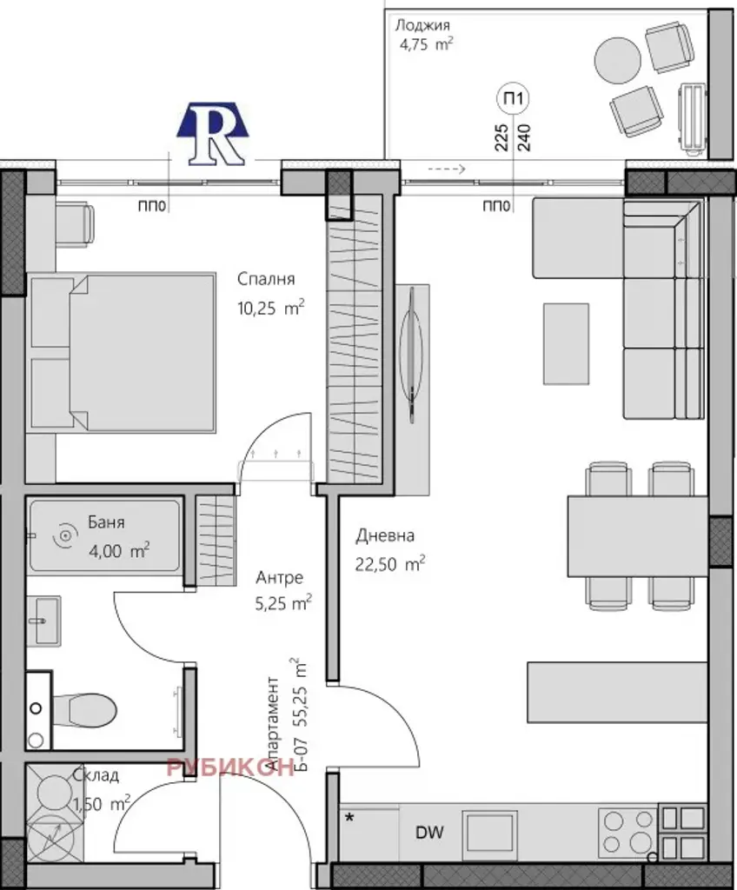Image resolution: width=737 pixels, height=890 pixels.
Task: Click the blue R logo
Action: (212, 134)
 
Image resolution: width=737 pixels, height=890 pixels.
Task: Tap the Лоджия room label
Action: (423, 25)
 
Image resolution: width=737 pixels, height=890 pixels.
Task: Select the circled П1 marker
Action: (514, 98)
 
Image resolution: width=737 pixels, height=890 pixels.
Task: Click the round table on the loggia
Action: (618, 60)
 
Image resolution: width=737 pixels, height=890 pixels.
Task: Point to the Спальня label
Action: (266, 279)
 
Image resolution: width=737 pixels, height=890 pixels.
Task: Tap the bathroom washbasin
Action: (43, 621)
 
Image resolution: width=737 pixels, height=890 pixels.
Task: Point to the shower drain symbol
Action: (66, 535)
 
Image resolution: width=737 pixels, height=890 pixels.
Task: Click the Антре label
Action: (279, 578)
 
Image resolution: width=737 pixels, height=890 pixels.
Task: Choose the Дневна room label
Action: (385, 535)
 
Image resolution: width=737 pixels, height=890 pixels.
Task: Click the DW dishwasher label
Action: (429, 833)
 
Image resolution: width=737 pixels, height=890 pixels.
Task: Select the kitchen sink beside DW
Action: (489, 833)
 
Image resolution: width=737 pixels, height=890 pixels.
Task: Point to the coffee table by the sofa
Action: (566, 344)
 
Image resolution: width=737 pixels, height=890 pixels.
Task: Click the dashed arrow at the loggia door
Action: (447, 169)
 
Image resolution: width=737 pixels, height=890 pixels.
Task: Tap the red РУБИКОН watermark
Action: (230, 767)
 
